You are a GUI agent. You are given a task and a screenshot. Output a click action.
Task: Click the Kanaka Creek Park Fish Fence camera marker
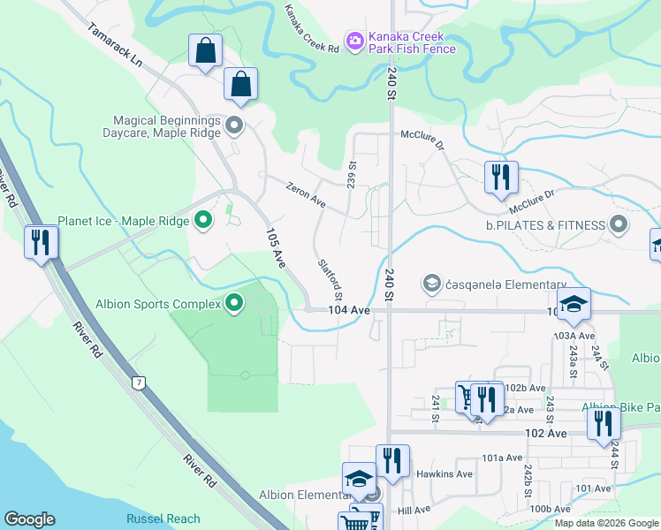pyautogui.click(x=354, y=42)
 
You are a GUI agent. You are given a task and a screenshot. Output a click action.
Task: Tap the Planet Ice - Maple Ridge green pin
pyautogui.click(x=203, y=221)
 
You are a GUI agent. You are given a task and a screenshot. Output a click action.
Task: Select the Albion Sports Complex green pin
pyautogui.click(x=234, y=304)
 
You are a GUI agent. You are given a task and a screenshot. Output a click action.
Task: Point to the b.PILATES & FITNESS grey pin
pyautogui.click(x=619, y=224)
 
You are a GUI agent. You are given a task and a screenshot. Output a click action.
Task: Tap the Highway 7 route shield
pyautogui.click(x=138, y=382)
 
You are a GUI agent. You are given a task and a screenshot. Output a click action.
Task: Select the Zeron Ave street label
pyautogui.click(x=306, y=195)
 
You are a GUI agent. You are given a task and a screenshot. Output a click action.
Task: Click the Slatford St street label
pyautogui.click(x=330, y=276)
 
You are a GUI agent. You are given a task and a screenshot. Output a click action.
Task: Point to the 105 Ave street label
pyautogui.click(x=277, y=248)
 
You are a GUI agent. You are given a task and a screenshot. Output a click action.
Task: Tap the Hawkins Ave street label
pyautogui.click(x=452, y=473)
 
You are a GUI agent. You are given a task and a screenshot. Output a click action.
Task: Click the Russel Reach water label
pyautogui.click(x=163, y=519)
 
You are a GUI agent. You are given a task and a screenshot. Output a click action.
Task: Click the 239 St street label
pyautogui.click(x=351, y=171)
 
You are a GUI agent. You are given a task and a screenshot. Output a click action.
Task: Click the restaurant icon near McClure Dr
pyautogui.click(x=500, y=178)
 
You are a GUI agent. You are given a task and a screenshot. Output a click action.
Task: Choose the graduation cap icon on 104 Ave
pyautogui.click(x=573, y=305)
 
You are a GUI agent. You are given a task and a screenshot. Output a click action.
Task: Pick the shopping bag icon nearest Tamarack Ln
pyautogui.click(x=205, y=52)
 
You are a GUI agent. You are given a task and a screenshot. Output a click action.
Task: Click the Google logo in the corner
pyautogui.click(x=29, y=519)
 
